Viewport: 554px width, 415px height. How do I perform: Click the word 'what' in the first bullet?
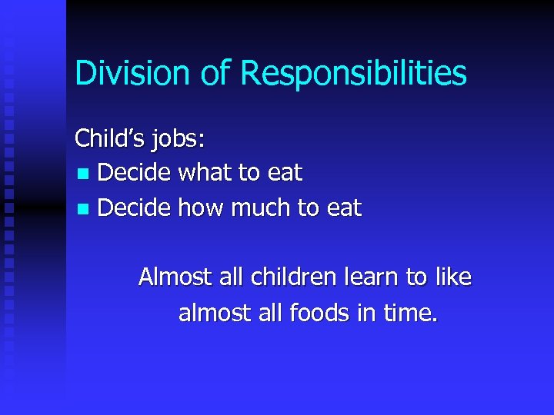(x=207, y=173)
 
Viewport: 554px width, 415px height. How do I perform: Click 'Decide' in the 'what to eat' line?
(x=135, y=173)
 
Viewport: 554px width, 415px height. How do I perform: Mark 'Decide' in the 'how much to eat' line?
(x=135, y=207)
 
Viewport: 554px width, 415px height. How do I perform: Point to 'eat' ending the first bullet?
(x=285, y=174)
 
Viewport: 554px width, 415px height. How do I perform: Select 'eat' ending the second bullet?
(x=345, y=208)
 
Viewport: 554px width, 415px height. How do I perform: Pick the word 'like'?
(x=453, y=277)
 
